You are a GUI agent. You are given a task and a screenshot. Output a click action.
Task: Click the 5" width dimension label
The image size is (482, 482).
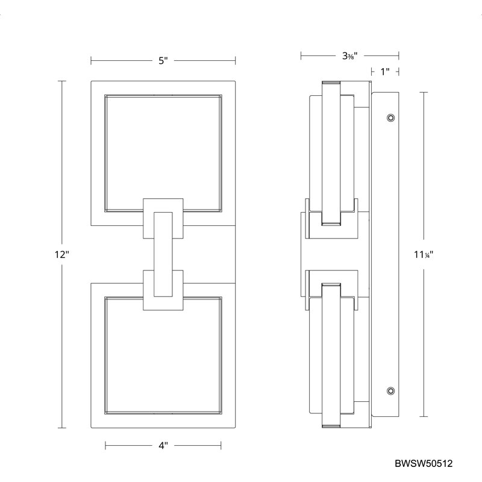click(x=163, y=61)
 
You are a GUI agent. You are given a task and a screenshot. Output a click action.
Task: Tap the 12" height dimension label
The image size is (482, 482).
click(x=62, y=254)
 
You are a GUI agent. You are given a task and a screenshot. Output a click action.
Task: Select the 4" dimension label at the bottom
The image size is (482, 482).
click(x=163, y=445)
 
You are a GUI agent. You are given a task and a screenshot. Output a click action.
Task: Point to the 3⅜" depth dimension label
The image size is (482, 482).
click(x=350, y=56)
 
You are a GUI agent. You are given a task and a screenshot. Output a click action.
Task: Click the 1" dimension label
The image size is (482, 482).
click(x=385, y=72)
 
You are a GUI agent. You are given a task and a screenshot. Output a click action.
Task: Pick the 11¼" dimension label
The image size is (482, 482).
click(x=424, y=254)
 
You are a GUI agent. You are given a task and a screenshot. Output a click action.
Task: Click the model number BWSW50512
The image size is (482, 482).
click(x=424, y=463)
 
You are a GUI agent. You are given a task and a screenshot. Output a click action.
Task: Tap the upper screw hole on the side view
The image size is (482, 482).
click(x=390, y=117)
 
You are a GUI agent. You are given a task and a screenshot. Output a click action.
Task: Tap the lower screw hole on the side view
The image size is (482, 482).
click(x=390, y=391)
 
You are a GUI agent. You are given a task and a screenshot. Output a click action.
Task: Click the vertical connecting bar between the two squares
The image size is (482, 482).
click(x=163, y=254)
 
